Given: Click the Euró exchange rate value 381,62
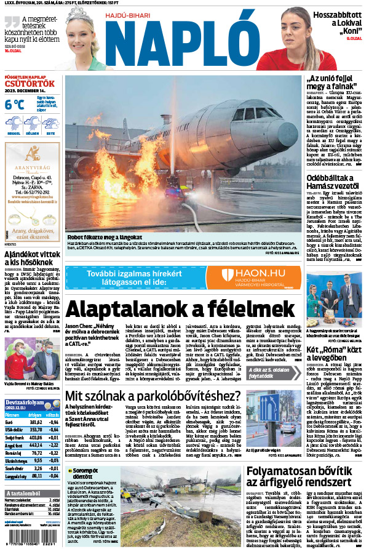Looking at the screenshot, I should pyautogui.click(x=36, y=422).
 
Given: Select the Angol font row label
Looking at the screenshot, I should pyautogui.click(x=13, y=445).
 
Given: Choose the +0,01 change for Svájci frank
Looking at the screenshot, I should pyautogui.click(x=55, y=438).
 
